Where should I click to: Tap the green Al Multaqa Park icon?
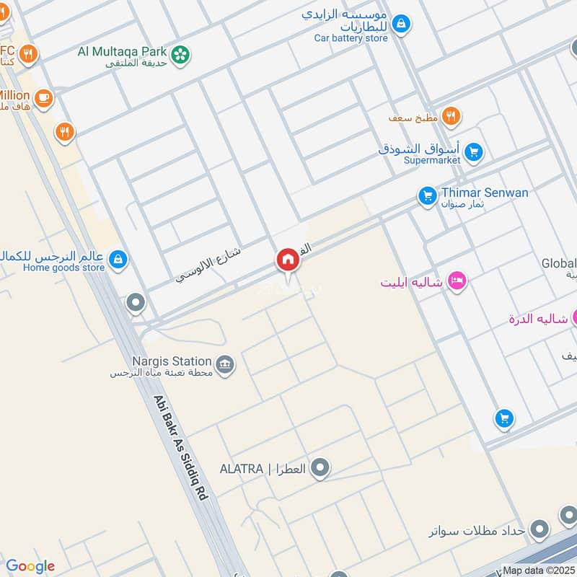click(180, 53)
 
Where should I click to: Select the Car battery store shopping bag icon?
click(402, 24)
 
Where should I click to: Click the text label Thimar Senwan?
click(485, 193)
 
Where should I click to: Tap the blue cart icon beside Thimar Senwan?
click(428, 195)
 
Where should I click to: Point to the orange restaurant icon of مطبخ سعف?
click(452, 115)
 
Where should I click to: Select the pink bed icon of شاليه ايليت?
click(456, 281)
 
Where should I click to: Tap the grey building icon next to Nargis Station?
click(226, 366)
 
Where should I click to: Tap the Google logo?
click(30, 566)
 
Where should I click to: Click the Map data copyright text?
click(538, 570)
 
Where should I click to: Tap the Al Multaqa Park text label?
click(123, 52)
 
